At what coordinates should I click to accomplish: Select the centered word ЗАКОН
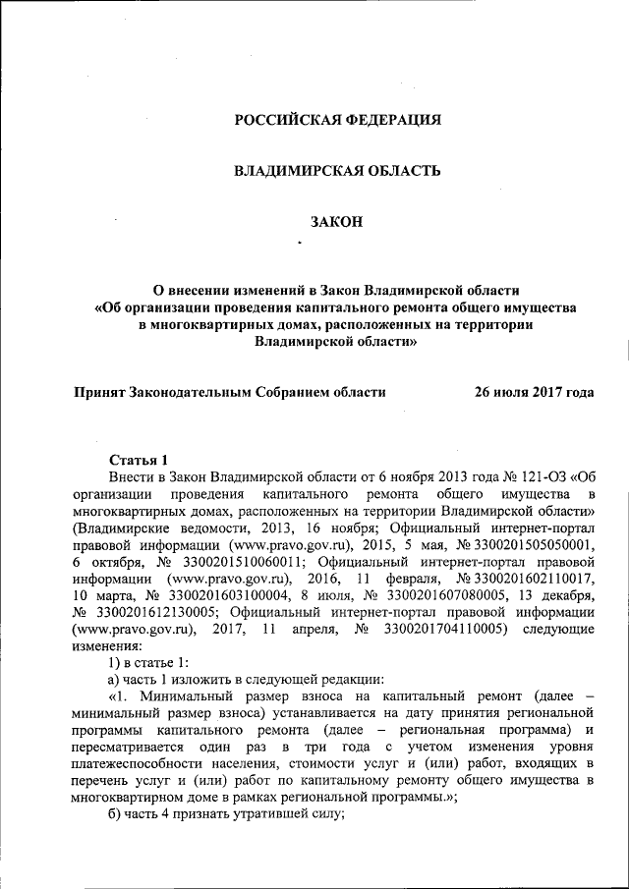click(x=336, y=223)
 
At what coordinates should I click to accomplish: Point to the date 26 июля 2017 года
click(x=534, y=391)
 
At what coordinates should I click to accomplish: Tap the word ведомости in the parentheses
click(x=193, y=527)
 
